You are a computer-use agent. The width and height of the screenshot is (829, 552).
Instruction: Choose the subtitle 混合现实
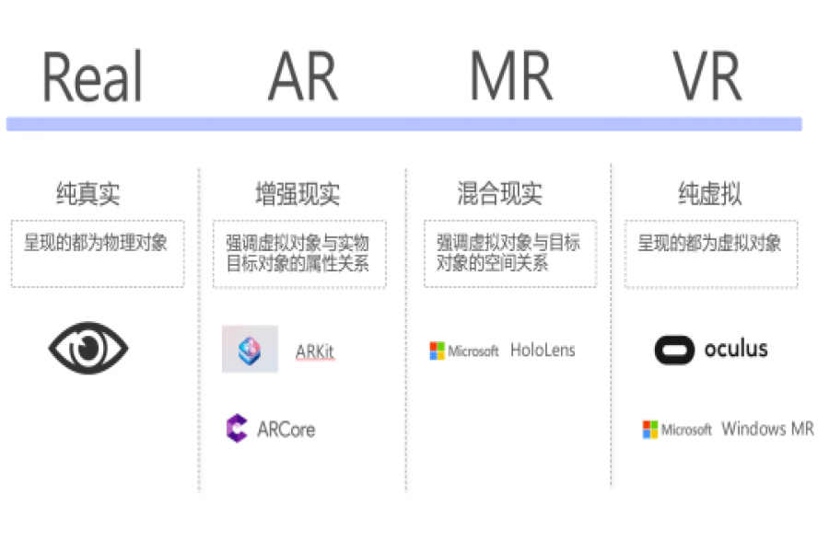[x=499, y=194]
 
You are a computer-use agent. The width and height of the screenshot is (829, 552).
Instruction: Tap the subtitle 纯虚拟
[x=709, y=194]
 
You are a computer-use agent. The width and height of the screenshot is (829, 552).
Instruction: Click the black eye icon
[x=88, y=348]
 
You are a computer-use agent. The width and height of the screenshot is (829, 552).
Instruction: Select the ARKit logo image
[x=250, y=349]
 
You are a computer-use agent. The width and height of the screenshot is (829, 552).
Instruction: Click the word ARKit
[x=315, y=351]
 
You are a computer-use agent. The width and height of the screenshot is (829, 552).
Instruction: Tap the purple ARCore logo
[x=237, y=429]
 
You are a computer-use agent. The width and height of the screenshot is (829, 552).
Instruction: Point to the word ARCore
[x=286, y=430]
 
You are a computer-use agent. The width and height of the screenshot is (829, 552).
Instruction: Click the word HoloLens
[x=543, y=351]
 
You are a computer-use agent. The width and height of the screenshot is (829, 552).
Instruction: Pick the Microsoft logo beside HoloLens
[x=463, y=351]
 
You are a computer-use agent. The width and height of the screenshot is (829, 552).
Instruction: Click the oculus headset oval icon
[x=674, y=350]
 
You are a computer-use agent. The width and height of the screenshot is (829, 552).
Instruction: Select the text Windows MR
[x=766, y=429]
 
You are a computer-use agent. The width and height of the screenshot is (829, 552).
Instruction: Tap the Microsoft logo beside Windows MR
[x=677, y=430]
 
